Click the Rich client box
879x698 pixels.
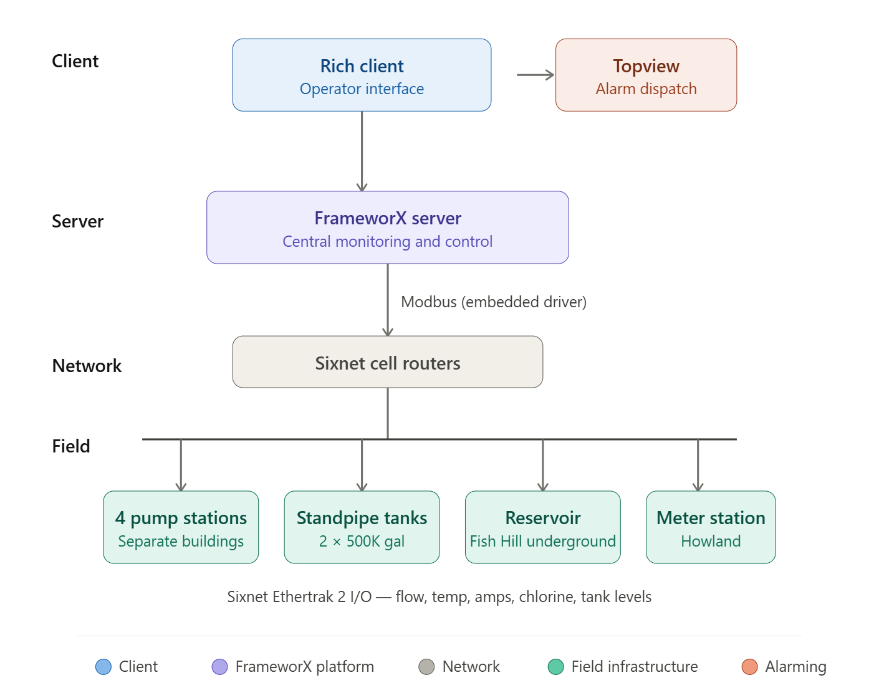[362, 75]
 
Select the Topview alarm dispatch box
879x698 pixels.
[646, 75]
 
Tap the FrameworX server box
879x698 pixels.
[387, 227]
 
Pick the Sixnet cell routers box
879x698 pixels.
[387, 362]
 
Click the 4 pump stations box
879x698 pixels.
[181, 527]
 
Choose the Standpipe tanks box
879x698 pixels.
[362, 527]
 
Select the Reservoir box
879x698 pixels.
[542, 527]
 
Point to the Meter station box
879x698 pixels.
[711, 527]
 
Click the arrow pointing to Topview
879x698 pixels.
[536, 75]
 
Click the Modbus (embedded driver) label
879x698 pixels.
[493, 302]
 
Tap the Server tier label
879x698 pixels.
[78, 221]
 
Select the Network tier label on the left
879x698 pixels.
[87, 366]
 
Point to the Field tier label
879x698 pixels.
[71, 446]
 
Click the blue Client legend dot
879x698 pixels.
[103, 667]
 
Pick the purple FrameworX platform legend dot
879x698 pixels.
[219, 667]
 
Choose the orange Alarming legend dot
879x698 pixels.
[749, 667]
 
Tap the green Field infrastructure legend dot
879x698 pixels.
[555, 667]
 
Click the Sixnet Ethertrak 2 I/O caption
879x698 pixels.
[439, 597]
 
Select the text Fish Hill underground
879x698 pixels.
[542, 542]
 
